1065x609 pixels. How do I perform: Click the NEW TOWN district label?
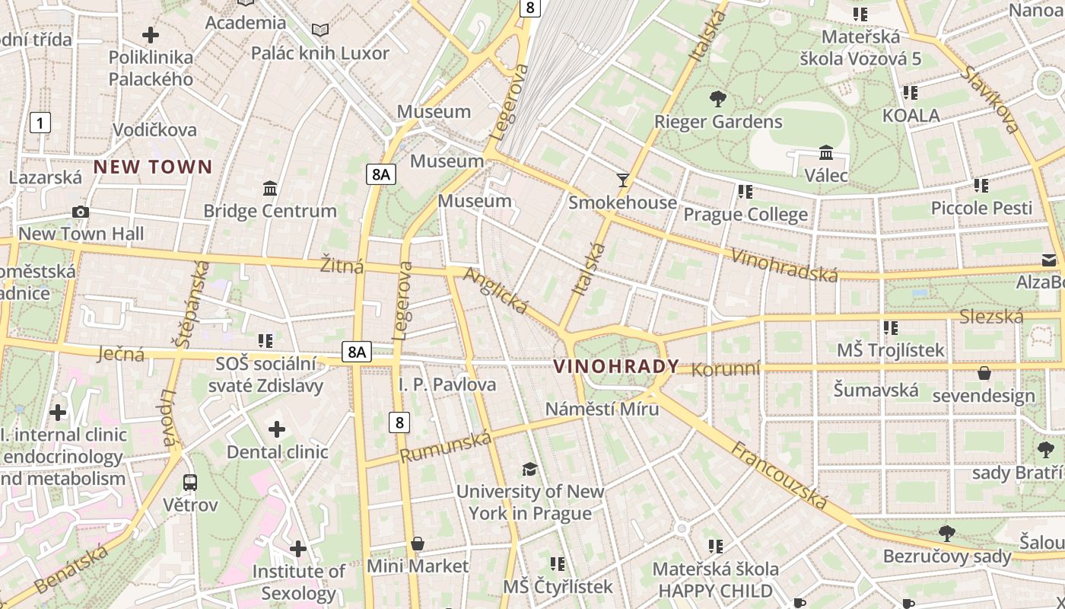coord(153,167)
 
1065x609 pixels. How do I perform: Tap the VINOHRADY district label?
coord(616,366)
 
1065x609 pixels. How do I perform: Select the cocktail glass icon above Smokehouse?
coord(623,180)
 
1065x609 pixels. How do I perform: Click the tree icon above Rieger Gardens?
coord(717,98)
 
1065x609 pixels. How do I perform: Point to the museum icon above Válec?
coord(826,152)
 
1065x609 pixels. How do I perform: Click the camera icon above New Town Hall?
coord(80,212)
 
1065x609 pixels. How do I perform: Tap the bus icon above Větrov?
coord(190,482)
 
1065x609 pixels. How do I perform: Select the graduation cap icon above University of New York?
coord(529,468)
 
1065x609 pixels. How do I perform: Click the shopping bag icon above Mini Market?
coord(417,544)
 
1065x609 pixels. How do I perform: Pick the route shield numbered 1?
coord(40,122)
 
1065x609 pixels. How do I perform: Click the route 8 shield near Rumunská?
coord(399,422)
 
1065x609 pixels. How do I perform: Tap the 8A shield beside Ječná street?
coord(356,351)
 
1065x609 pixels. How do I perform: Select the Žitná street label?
coord(342,266)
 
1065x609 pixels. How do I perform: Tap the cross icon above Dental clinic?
coord(277,429)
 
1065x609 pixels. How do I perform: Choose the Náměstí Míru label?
coord(602,409)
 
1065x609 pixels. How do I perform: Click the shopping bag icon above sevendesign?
coord(984,373)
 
